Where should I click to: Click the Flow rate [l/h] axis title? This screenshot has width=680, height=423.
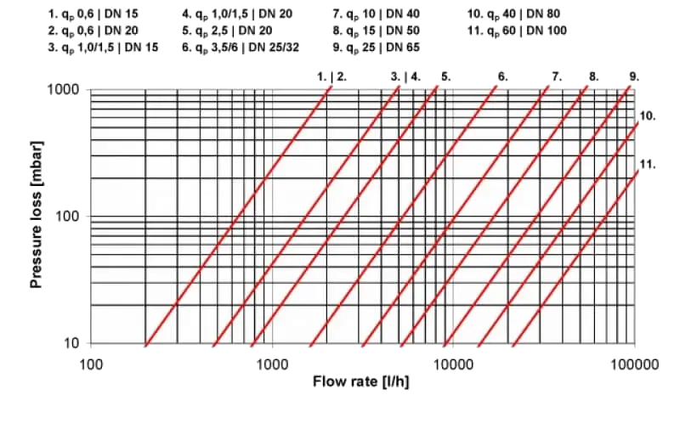coord(361,381)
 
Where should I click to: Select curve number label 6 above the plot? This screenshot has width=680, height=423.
coord(502,76)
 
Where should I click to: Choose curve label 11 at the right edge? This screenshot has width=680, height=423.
coord(645,163)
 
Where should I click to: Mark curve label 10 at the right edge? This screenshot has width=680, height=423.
coord(645,115)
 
